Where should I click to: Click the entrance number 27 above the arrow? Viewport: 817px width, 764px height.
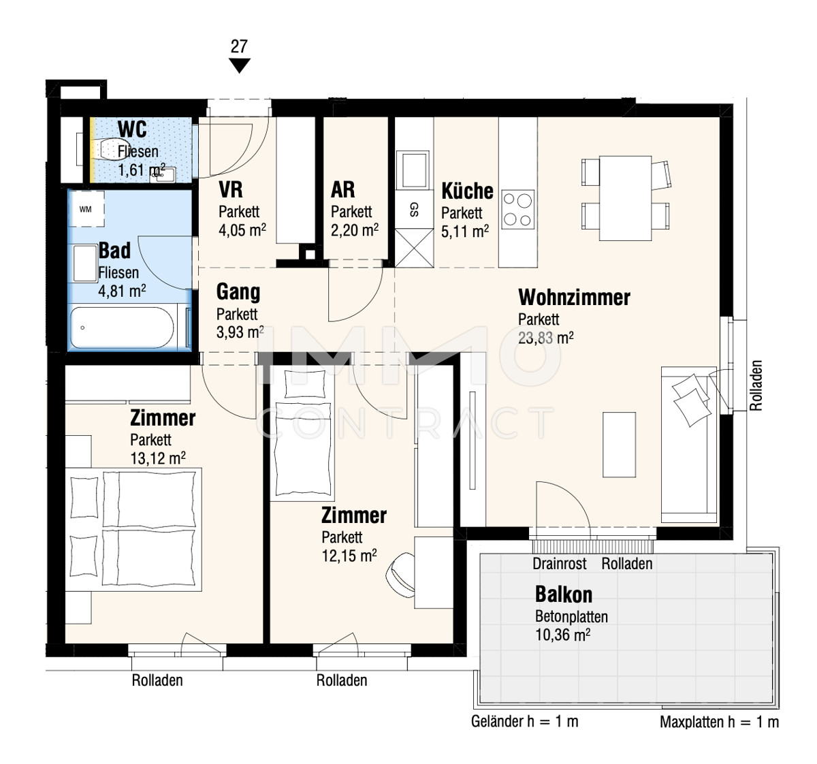coord(239,46)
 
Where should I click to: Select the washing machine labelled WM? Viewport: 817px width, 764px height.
coord(86,208)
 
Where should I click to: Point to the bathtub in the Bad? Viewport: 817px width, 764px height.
coord(122,328)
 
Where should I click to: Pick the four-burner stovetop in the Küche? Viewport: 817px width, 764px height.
coord(518,210)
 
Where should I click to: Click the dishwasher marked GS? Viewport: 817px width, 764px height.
coord(414,210)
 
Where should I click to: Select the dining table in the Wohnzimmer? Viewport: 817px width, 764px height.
coord(625,198)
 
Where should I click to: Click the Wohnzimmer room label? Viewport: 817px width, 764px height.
coord(574,298)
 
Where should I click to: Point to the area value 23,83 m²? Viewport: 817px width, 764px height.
coord(545,338)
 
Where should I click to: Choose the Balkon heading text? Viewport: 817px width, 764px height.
coord(564,594)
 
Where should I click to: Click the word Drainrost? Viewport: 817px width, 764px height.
coord(560,564)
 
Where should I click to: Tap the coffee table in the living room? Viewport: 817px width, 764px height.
coord(619,445)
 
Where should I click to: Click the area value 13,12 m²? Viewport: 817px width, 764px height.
coord(158,458)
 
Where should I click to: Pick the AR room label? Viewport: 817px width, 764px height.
coord(342,190)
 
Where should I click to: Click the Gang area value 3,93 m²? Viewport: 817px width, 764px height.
coord(240,332)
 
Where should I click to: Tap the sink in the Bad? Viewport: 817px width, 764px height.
coord(85,263)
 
